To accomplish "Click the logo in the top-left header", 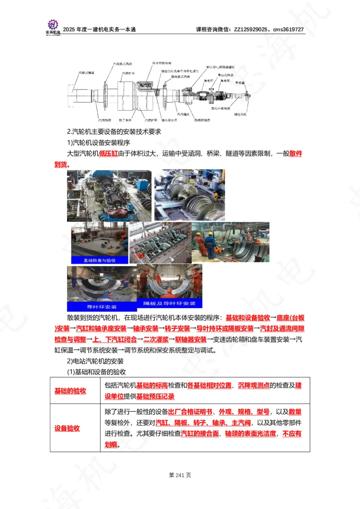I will [53, 25].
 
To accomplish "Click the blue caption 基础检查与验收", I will [99, 260].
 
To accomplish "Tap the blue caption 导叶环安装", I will [101, 307].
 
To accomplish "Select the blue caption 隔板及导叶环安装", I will [169, 303].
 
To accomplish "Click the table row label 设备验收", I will [67, 428].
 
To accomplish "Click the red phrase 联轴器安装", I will [191, 339].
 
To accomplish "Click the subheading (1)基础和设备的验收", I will [96, 371].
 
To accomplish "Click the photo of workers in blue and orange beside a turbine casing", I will [230, 243].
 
